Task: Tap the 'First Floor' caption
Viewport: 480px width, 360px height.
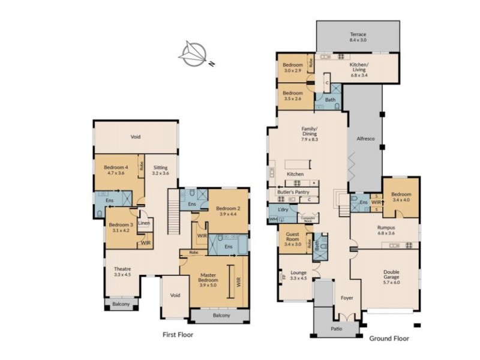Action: click(x=178, y=334)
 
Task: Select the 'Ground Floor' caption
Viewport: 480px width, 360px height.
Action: click(x=389, y=338)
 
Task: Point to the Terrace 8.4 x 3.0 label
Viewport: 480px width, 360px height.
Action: click(x=358, y=38)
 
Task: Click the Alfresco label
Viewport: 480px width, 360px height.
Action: click(x=366, y=139)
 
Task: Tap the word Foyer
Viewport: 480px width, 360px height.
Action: click(x=347, y=298)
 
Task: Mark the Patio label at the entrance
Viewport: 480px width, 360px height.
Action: click(x=337, y=329)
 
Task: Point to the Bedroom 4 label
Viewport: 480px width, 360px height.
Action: click(x=116, y=170)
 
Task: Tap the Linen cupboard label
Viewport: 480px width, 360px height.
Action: click(x=144, y=224)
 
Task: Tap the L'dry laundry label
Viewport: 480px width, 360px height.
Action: click(x=284, y=209)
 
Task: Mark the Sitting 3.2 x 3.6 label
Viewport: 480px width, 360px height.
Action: click(x=160, y=170)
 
